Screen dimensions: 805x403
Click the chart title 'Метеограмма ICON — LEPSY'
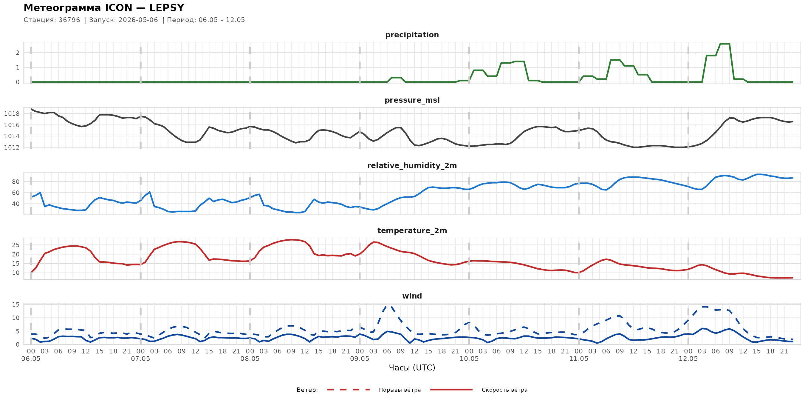[x=104, y=7]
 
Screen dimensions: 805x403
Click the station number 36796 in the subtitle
[x=69, y=20]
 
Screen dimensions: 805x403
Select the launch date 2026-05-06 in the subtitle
[x=138, y=20]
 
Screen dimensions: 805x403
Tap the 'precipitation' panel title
[x=412, y=35]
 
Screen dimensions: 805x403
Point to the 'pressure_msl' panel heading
[x=412, y=100]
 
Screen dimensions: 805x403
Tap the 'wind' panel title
[x=412, y=296]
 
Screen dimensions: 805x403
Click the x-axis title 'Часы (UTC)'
[x=412, y=368]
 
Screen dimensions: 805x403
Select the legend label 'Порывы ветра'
[x=400, y=390]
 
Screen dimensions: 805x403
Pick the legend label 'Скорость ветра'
[x=504, y=390]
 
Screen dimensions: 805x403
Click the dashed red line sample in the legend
[x=349, y=390]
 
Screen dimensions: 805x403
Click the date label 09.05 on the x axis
[x=359, y=359]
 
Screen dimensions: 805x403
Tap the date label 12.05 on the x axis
[x=688, y=359]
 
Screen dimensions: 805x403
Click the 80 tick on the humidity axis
[x=16, y=182]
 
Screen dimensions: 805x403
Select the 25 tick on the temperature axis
[x=16, y=245]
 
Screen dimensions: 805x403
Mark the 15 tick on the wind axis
[x=16, y=304]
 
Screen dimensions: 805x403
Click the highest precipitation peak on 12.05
[x=725, y=44]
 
